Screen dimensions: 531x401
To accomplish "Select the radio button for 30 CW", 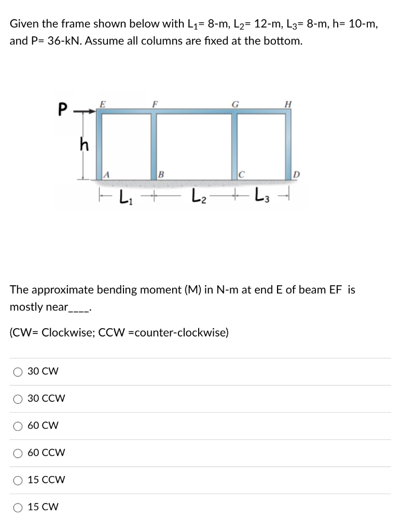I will tap(18, 372).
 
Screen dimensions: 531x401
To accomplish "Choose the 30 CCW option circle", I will tap(18, 399).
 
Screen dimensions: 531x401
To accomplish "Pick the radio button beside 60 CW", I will tap(18, 426).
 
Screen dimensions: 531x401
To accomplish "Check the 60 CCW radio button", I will tap(18, 453).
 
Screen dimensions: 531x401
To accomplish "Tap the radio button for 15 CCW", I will tap(18, 480).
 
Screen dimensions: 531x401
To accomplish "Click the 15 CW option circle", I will tap(18, 507).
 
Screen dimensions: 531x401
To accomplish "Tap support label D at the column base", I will tap(296, 174).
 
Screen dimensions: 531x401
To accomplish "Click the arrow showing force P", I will tap(84, 110).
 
